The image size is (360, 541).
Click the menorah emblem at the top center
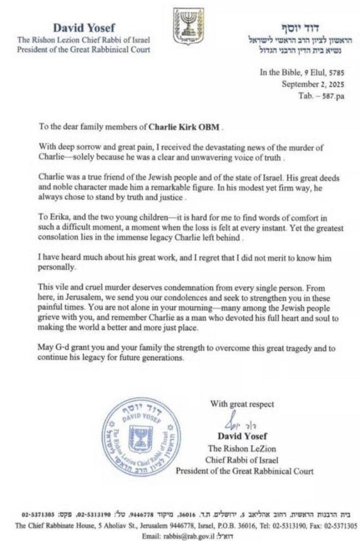[188, 26]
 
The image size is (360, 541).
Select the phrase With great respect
[242, 404]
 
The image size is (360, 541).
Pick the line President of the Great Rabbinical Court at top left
[84, 50]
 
